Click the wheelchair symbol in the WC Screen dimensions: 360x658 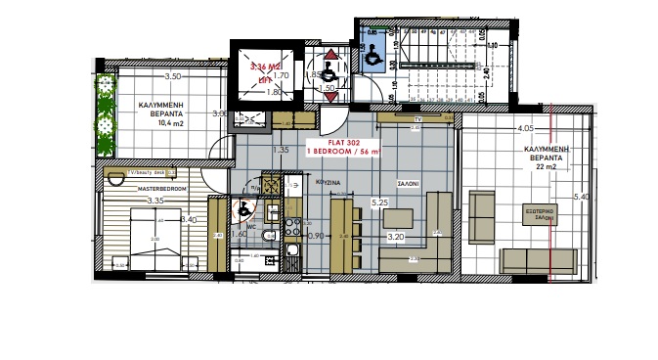point(243,207)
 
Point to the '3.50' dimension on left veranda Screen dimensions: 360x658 point(173,76)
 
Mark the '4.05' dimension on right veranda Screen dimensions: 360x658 point(525,128)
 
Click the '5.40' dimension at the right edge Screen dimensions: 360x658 point(580,197)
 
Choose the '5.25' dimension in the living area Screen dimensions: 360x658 point(379,202)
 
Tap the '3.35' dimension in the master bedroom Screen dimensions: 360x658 point(154,202)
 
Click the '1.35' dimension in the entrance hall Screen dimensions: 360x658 point(282,150)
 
